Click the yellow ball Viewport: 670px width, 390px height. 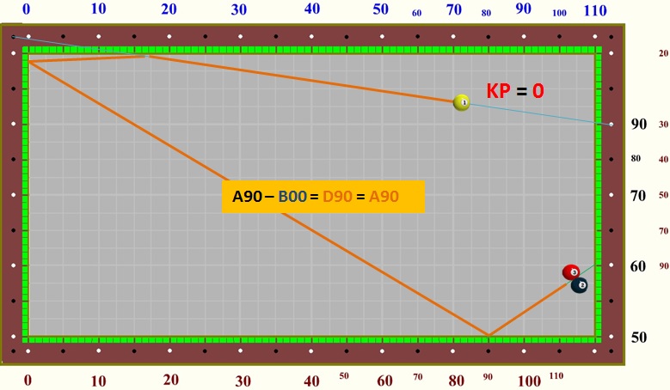coord(462,102)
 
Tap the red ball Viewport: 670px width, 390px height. coord(571,272)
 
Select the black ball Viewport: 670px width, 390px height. coord(580,285)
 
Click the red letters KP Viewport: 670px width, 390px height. coord(499,90)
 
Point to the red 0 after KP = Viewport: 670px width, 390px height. coord(538,90)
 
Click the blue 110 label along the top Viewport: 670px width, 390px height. coord(595,10)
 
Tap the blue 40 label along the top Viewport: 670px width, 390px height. coord(312,9)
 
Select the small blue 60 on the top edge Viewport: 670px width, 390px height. coord(417,13)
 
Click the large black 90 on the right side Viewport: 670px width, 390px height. coord(638,125)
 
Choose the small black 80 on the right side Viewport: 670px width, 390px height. coord(636,158)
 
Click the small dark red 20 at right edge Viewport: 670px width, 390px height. coord(663,53)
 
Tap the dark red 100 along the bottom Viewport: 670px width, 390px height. coord(530,381)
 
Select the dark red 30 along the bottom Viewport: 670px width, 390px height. coord(243,381)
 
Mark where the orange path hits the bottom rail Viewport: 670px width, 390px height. coord(489,335)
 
